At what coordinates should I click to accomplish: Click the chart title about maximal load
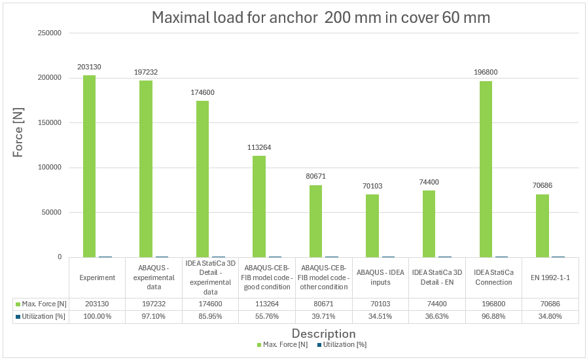pos(321,18)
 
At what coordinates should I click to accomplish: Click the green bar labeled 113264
pos(259,206)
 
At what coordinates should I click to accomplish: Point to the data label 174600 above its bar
pos(202,92)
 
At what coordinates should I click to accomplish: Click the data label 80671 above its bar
pos(315,176)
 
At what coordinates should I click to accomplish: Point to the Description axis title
pos(323,334)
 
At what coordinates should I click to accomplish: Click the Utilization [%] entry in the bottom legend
pos(346,344)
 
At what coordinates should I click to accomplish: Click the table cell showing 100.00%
pos(97,317)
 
